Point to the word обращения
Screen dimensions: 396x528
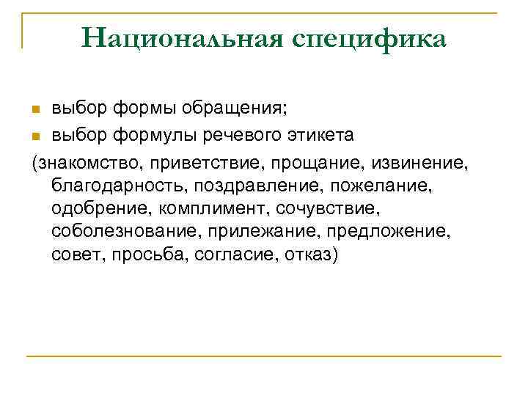(x=239, y=110)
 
